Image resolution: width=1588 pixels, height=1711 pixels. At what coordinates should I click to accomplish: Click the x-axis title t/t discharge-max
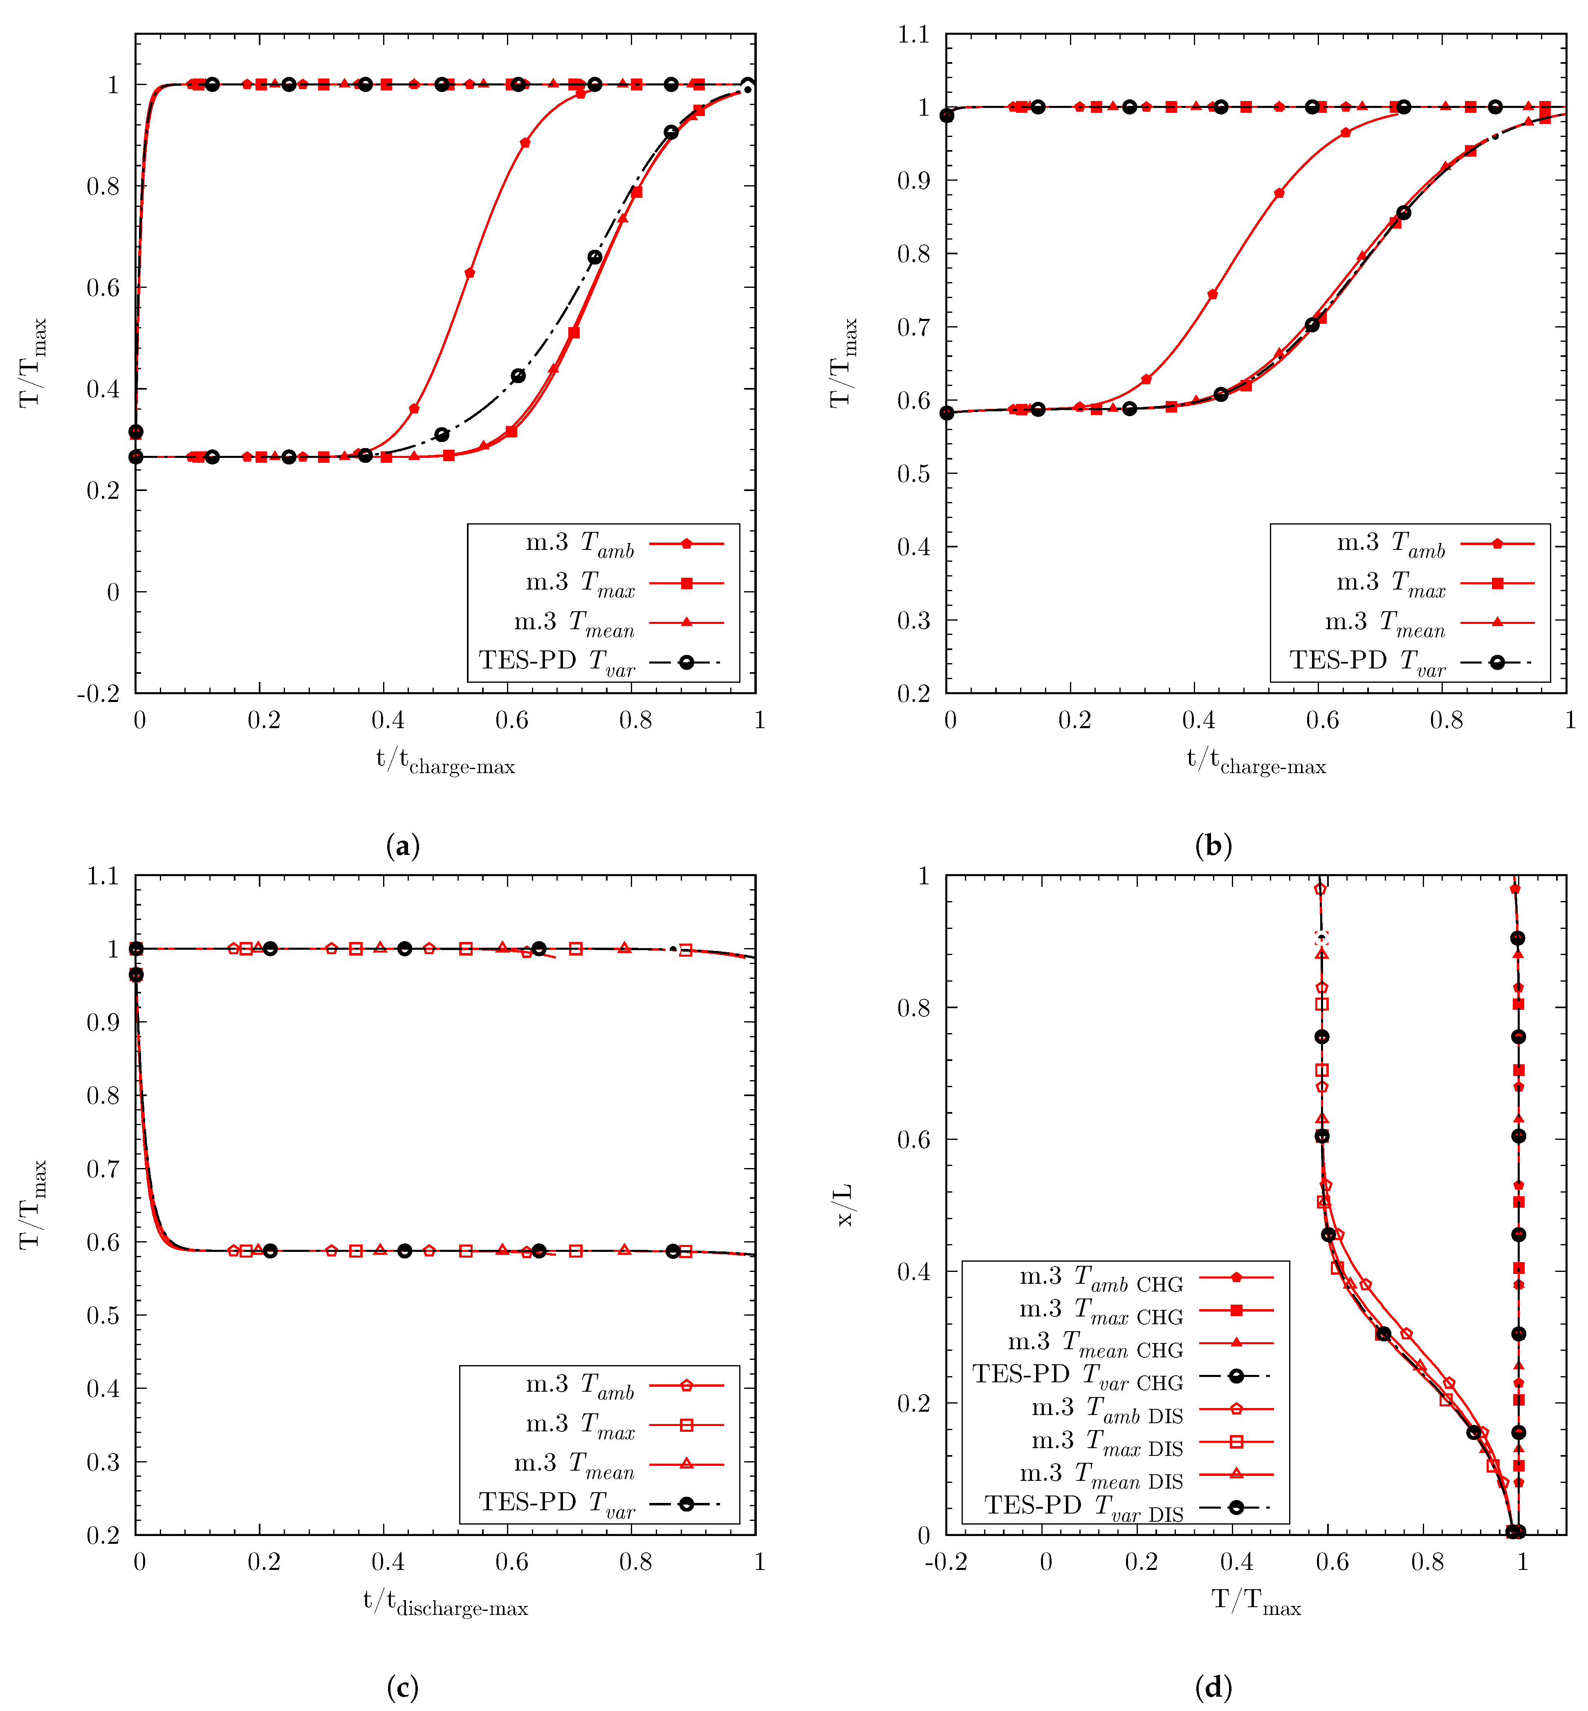point(445,1603)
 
